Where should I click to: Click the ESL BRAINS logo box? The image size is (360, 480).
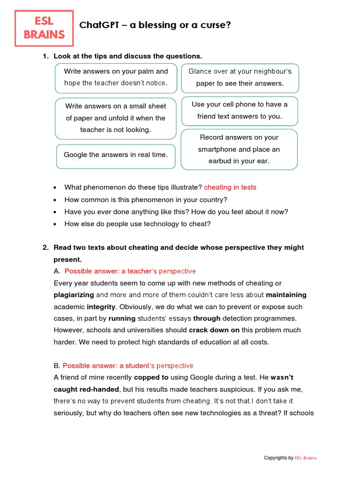point(44,28)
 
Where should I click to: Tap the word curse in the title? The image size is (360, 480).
point(217,25)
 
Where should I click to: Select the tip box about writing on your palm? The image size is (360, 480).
point(116,77)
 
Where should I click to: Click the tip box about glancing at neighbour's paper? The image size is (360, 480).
point(240,77)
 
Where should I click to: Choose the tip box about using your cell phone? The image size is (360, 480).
point(240,111)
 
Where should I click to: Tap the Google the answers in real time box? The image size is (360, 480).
point(115,155)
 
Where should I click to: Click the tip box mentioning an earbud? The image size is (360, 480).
point(239,149)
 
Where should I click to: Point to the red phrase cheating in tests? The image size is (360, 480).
point(230,187)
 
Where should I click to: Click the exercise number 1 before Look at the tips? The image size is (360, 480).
point(45,56)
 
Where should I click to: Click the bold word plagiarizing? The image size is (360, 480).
point(74,295)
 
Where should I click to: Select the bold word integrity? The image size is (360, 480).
point(101,307)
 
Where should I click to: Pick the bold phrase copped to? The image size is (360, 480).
point(151,377)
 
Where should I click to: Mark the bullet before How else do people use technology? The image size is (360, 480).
point(55,224)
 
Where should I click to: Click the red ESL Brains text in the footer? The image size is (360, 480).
point(306,458)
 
